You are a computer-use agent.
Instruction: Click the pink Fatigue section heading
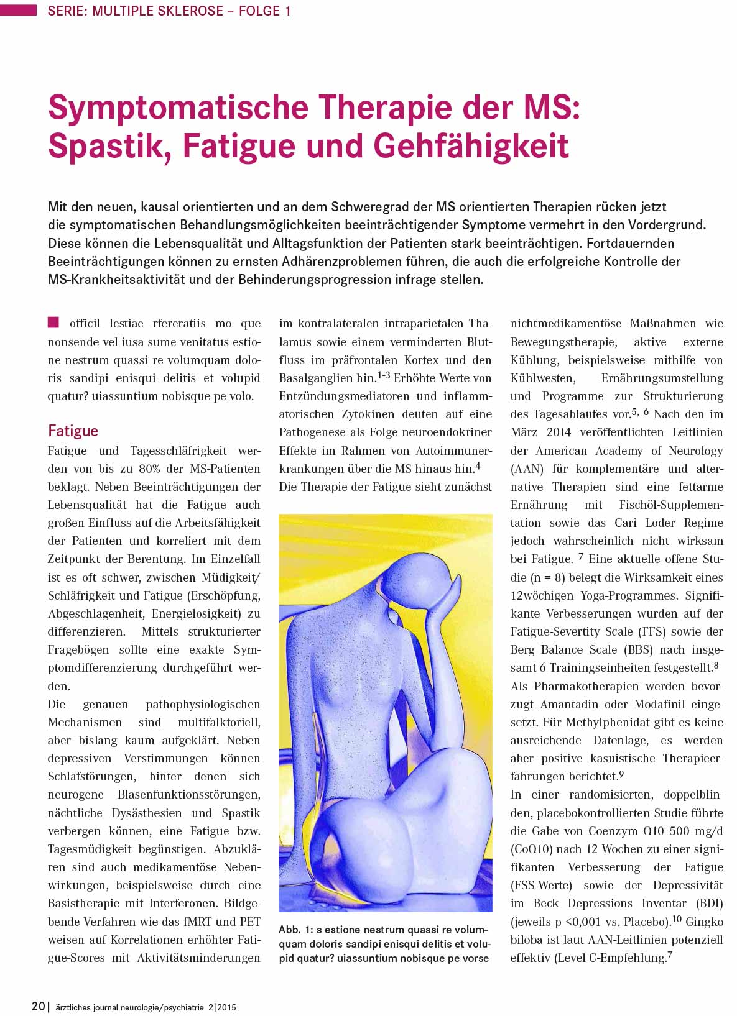(73, 431)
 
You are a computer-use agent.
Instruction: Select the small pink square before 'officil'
(53, 322)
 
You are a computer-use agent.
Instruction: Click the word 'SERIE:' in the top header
(67, 11)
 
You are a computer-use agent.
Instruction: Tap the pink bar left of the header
(19, 10)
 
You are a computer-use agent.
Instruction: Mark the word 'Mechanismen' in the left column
(85, 722)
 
